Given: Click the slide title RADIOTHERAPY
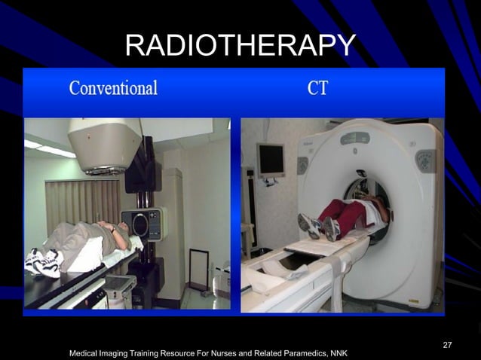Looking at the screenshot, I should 240,47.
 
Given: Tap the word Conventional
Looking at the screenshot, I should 113,88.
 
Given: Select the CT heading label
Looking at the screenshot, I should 317,88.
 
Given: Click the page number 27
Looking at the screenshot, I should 448,344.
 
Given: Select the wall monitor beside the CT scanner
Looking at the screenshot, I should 271,160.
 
